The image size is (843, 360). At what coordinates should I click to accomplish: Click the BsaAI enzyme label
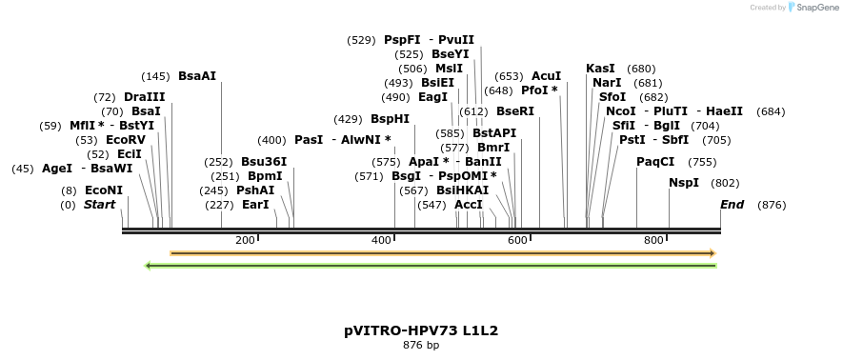tap(197, 76)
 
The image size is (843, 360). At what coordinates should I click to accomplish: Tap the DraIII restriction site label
tap(145, 97)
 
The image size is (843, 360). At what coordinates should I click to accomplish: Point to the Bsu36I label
tap(264, 162)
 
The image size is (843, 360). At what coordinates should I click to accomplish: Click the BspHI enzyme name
tap(391, 119)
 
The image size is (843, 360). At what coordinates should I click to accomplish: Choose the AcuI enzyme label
tap(547, 76)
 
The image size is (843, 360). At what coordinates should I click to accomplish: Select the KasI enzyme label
tap(601, 69)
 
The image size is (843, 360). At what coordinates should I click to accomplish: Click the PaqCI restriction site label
tap(655, 162)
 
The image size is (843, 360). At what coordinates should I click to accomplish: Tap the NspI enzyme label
tap(684, 183)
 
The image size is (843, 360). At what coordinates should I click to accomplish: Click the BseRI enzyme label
tap(515, 111)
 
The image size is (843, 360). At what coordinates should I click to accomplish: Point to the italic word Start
tap(99, 205)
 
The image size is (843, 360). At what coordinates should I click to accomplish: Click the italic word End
tap(733, 205)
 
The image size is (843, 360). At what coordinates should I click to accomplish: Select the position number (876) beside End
tap(772, 205)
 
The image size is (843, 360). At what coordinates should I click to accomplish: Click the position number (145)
tap(155, 76)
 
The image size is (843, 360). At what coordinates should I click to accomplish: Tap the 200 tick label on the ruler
tap(244, 240)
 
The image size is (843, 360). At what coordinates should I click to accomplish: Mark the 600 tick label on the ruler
tap(517, 240)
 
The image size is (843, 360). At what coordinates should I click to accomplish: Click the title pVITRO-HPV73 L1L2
tap(421, 331)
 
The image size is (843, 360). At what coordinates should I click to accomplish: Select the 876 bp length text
tap(421, 346)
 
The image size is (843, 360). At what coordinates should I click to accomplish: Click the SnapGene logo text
tap(816, 8)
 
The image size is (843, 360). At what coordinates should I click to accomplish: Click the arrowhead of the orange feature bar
tap(713, 253)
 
